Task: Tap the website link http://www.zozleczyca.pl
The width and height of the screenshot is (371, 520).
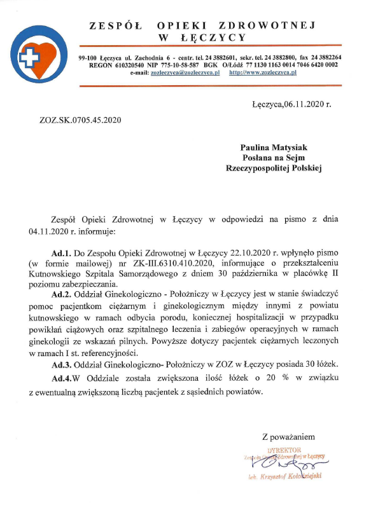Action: click(263, 73)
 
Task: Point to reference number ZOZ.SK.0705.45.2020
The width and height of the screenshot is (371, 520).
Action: click(81, 119)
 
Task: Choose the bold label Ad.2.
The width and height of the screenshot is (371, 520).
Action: click(62, 295)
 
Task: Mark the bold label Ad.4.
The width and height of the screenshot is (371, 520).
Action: click(62, 379)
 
